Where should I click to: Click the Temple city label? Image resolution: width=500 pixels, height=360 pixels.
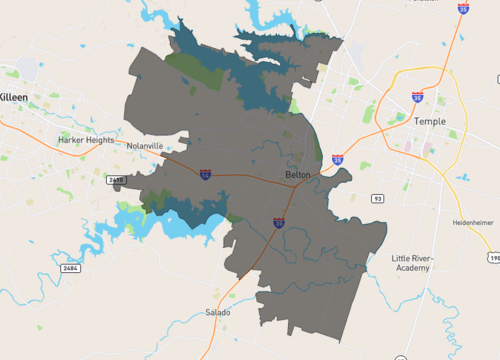pyautogui.click(x=429, y=121)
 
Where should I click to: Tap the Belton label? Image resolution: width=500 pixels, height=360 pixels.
pyautogui.click(x=298, y=175)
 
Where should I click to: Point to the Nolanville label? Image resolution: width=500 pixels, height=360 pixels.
pyautogui.click(x=145, y=146)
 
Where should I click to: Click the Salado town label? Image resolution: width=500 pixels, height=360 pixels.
pyautogui.click(x=218, y=313)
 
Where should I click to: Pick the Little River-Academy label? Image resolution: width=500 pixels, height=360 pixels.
pyautogui.click(x=413, y=262)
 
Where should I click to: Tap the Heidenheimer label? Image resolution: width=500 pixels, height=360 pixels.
pyautogui.click(x=473, y=222)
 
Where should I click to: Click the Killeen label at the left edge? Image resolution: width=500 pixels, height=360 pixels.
pyautogui.click(x=14, y=96)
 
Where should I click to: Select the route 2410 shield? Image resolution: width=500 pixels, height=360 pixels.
pyautogui.click(x=116, y=180)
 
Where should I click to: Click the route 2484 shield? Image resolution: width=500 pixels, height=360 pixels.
pyautogui.click(x=68, y=268)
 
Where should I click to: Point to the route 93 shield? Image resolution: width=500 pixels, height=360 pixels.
pyautogui.click(x=377, y=199)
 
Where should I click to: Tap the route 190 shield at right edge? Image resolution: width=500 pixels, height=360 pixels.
pyautogui.click(x=494, y=258)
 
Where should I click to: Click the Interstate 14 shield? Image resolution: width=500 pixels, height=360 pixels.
pyautogui.click(x=205, y=174)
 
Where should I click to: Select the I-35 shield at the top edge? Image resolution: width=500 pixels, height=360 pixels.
pyautogui.click(x=463, y=8)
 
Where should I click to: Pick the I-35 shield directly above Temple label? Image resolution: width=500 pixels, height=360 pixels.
pyautogui.click(x=417, y=97)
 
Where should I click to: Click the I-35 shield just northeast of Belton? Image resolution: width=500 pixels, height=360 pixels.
pyautogui.click(x=338, y=159)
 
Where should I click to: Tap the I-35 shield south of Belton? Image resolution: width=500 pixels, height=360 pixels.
pyautogui.click(x=278, y=222)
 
